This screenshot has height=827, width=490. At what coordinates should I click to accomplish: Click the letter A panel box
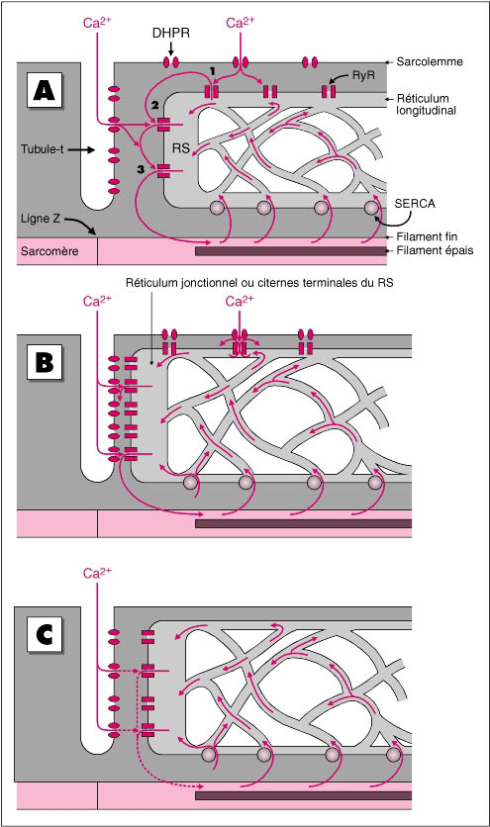pos(45,91)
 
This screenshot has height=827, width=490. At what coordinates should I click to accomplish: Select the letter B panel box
pos(45,362)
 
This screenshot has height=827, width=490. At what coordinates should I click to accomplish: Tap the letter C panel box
pos(45,634)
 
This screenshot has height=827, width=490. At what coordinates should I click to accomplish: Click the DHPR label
pos(170,34)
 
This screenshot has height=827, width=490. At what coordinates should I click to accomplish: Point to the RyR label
pos(363,75)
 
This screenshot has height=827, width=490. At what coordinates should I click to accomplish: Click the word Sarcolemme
pos(430,61)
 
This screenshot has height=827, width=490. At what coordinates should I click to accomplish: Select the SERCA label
pos(415,203)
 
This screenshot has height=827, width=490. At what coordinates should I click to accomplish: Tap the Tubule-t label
pos(43,149)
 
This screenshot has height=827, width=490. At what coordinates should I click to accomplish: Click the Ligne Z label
pos(41,218)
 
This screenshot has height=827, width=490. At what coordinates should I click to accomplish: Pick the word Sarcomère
pos(49,251)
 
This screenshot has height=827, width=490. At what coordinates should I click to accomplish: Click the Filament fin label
pos(428,236)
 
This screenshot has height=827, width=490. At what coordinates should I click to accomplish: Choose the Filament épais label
pos(436,251)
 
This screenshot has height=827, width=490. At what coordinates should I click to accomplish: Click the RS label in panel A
pos(181,148)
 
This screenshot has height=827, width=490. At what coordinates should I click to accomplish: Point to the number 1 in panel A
pos(211,70)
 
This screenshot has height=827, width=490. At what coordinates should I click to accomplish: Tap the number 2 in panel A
pos(154,105)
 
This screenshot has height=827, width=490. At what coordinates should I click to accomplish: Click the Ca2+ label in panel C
pos(98,573)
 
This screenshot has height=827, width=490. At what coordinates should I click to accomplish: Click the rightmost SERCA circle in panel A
pos(371,208)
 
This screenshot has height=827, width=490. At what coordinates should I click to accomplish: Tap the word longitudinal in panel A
pos(426,110)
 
